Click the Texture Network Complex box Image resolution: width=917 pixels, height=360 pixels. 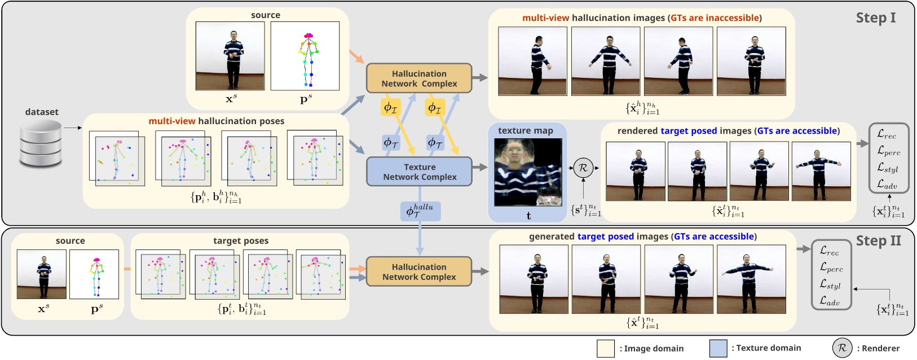(419, 172)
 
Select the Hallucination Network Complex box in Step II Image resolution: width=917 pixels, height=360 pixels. (419, 271)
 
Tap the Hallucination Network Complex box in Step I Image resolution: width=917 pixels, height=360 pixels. (419, 78)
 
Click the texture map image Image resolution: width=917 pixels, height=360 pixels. (528, 172)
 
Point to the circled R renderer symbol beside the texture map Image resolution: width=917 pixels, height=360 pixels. (583, 168)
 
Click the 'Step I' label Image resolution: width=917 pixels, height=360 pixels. (875, 18)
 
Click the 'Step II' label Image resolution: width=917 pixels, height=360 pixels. (878, 241)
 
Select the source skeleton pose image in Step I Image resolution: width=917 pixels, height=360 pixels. (305, 56)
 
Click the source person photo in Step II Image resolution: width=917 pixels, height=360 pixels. (42, 274)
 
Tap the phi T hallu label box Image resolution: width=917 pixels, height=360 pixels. (420, 211)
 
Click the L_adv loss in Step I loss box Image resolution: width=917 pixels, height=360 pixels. (887, 184)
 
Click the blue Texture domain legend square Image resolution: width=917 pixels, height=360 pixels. (718, 348)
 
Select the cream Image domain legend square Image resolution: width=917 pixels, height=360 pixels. (606, 348)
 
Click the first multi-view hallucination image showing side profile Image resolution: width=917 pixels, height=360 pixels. (532, 61)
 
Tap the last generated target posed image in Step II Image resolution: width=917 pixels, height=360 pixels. (751, 279)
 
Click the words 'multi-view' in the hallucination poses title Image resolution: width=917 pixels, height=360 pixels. (171, 121)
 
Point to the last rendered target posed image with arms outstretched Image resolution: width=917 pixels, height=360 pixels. (821, 171)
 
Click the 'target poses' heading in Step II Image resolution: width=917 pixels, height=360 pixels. (241, 241)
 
